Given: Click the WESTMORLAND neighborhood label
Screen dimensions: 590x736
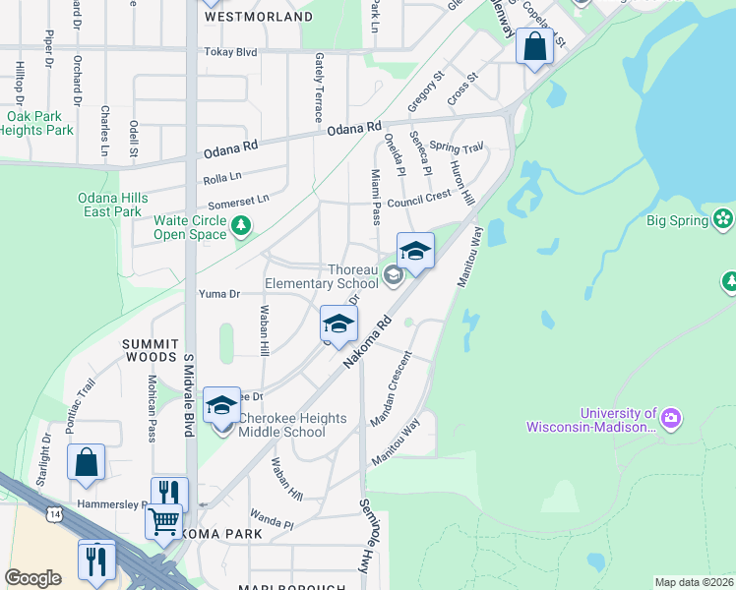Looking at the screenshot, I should click(258, 17).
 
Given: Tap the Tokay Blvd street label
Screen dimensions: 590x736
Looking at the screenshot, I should click(229, 52).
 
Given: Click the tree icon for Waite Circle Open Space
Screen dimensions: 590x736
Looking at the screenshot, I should click(240, 227).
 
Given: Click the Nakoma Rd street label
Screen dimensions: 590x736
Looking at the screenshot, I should click(367, 343).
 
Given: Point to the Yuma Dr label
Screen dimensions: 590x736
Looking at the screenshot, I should click(219, 294).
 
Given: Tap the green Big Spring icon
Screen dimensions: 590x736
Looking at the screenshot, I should click(724, 218).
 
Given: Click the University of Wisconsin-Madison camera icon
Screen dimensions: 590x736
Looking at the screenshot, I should click(672, 420).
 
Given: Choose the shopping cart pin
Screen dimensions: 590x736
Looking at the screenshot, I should click(162, 520).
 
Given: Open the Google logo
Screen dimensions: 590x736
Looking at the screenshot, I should click(33, 578).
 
